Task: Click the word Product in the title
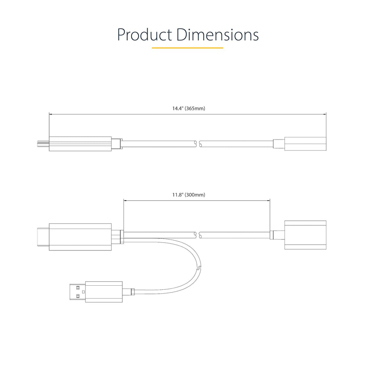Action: (145, 35)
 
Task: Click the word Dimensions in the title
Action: (217, 35)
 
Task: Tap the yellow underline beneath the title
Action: (188, 48)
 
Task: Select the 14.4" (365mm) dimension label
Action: (189, 108)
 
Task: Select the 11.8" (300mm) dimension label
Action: (189, 195)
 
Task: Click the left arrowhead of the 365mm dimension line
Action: (50, 114)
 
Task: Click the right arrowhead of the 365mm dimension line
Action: (325, 114)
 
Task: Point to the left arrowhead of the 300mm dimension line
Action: (125, 200)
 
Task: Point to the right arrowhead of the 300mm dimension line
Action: (269, 200)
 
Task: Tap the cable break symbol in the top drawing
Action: (198, 144)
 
